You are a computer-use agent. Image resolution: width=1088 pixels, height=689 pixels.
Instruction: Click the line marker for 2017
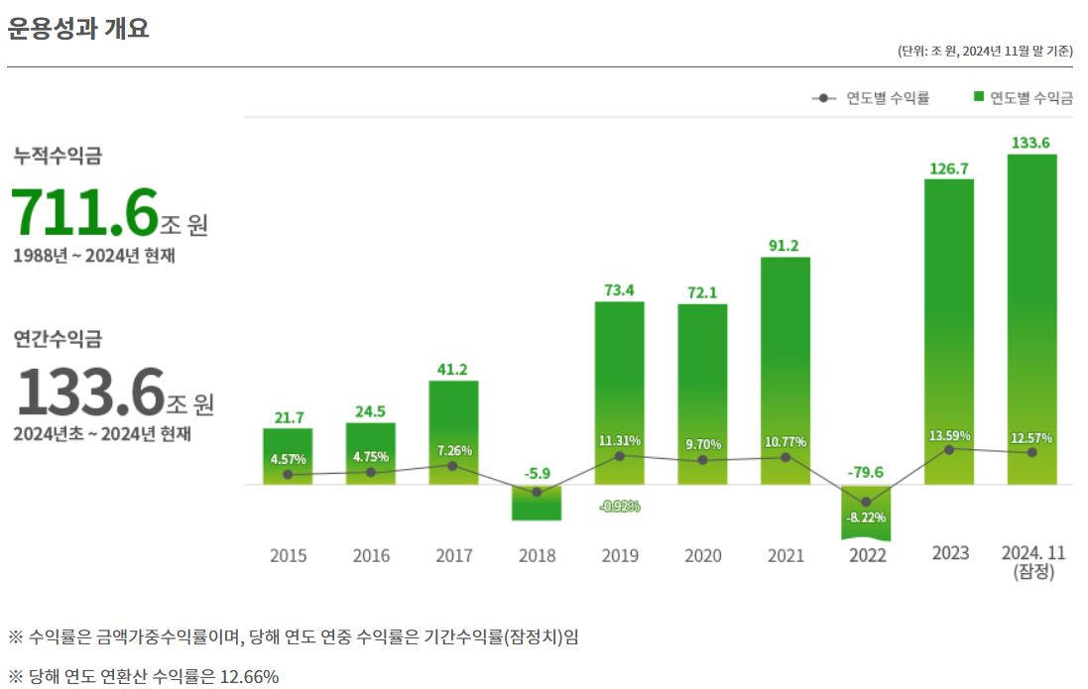point(453,466)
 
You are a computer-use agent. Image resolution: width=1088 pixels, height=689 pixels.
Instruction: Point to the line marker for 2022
point(866,502)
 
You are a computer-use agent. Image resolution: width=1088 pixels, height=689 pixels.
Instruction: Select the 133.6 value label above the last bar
point(1030,144)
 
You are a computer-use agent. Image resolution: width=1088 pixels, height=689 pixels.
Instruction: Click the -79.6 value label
point(866,472)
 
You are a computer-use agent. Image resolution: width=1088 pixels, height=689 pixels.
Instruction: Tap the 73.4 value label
point(619,290)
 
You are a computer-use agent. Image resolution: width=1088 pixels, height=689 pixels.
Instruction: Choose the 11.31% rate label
point(620,440)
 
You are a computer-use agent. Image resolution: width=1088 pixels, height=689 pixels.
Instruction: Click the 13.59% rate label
point(950,435)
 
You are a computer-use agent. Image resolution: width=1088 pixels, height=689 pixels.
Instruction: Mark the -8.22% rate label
point(866,517)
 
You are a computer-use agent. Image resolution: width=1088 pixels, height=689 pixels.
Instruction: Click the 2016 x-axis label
point(371,555)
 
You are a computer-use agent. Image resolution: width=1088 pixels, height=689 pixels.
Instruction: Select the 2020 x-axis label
point(702,555)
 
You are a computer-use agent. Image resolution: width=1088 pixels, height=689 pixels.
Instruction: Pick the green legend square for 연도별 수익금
point(979,97)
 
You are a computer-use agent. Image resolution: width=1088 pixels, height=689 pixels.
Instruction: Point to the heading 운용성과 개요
point(78,29)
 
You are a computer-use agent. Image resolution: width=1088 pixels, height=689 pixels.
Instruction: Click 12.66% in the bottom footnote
point(249,677)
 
